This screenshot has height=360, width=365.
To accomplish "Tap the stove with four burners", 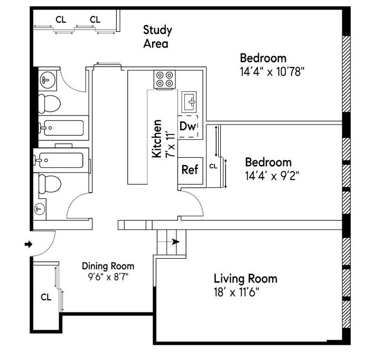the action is pos(164,79).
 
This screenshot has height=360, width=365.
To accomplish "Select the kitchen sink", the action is pos(189,100).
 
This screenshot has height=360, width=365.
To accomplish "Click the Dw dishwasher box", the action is pos(188,127).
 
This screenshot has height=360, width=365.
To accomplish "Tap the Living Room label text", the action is pos(245,279).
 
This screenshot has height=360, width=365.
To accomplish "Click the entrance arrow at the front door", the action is pos(29,244).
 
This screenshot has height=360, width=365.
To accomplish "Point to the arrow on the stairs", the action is pos(175,242).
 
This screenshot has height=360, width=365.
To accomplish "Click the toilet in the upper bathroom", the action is pos(49,102).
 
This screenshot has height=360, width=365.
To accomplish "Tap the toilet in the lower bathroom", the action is pos(49,183).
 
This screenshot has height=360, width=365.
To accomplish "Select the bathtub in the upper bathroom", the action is pos(62,127).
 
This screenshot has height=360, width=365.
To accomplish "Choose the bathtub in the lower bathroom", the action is pos(62,159).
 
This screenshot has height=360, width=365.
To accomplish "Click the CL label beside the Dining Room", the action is pos(45,297).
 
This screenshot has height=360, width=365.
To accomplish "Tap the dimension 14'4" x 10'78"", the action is pos(272,71).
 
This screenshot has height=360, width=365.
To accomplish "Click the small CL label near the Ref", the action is pos(213,166).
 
